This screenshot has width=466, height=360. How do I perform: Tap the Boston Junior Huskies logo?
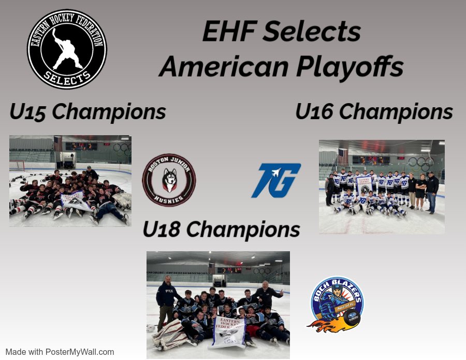click(x=169, y=180)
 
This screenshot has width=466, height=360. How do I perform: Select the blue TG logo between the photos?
click(x=276, y=180)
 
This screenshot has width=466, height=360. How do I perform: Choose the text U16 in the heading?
click(x=316, y=112)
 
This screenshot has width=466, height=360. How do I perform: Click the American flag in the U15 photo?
click(x=57, y=143)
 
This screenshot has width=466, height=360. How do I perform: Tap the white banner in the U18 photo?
click(x=226, y=331)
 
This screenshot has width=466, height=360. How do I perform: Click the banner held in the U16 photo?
click(x=363, y=184)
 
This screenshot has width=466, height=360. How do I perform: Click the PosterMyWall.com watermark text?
click(x=60, y=352)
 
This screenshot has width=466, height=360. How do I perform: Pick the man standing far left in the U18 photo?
click(x=166, y=300)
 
